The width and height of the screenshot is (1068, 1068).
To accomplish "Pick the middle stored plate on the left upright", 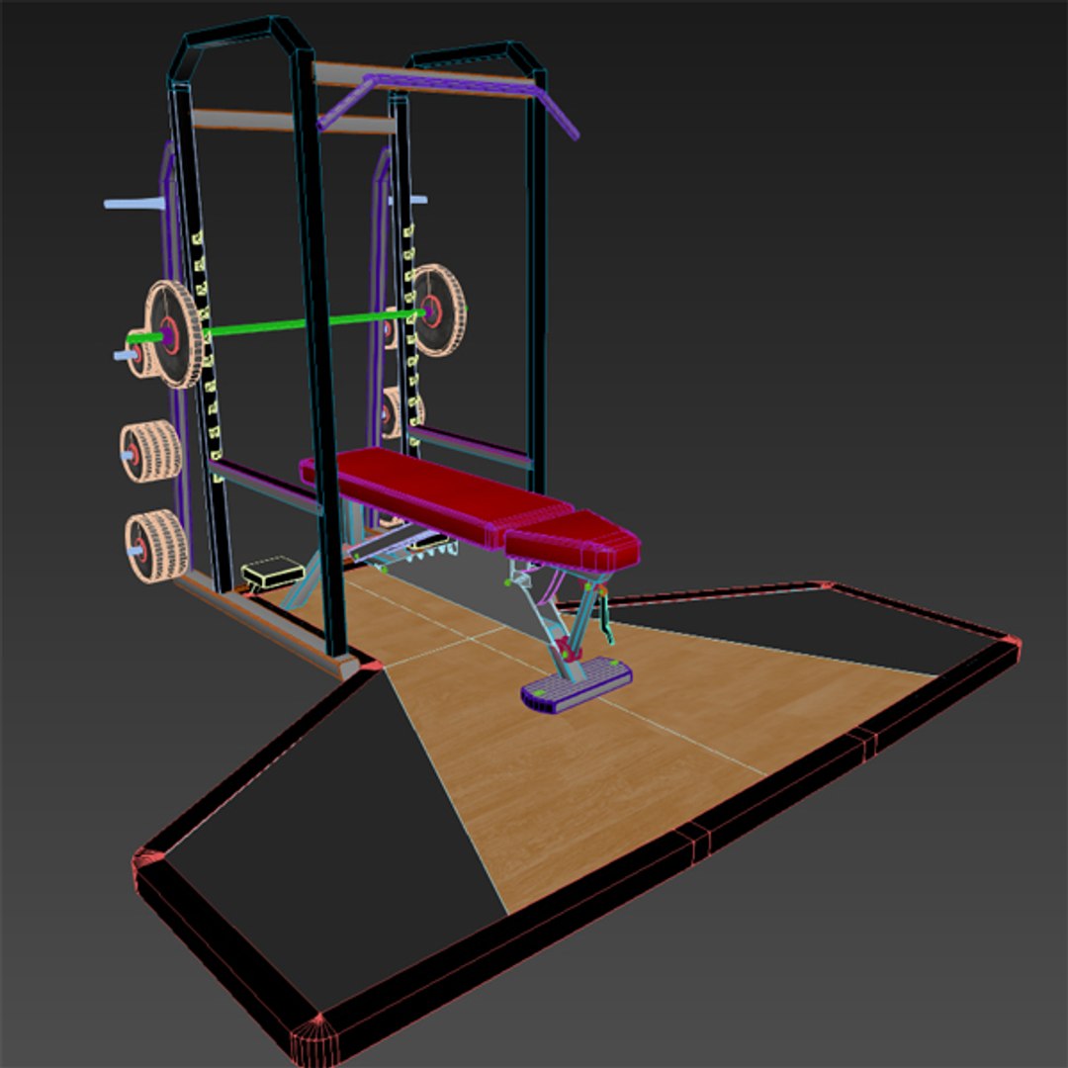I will [x=151, y=452].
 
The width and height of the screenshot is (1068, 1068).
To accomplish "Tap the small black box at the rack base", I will [x=272, y=572].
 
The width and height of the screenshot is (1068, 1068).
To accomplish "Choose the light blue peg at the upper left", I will [x=133, y=204].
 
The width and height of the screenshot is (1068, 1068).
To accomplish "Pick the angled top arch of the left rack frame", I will [x=237, y=35].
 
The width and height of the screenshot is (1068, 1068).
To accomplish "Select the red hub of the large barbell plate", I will [x=169, y=334].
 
